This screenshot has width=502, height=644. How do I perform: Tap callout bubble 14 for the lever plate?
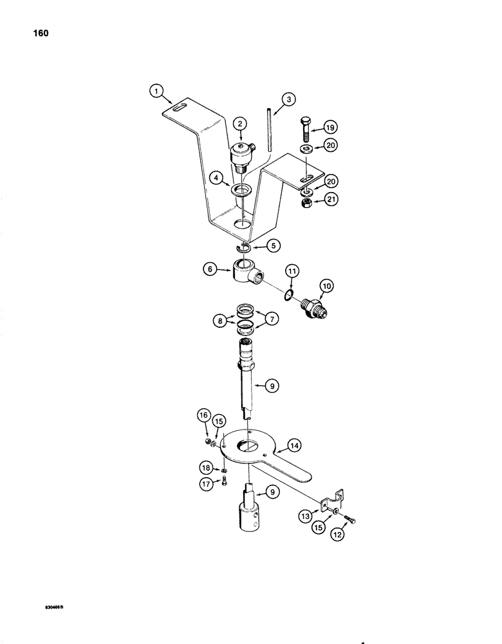(293, 444)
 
